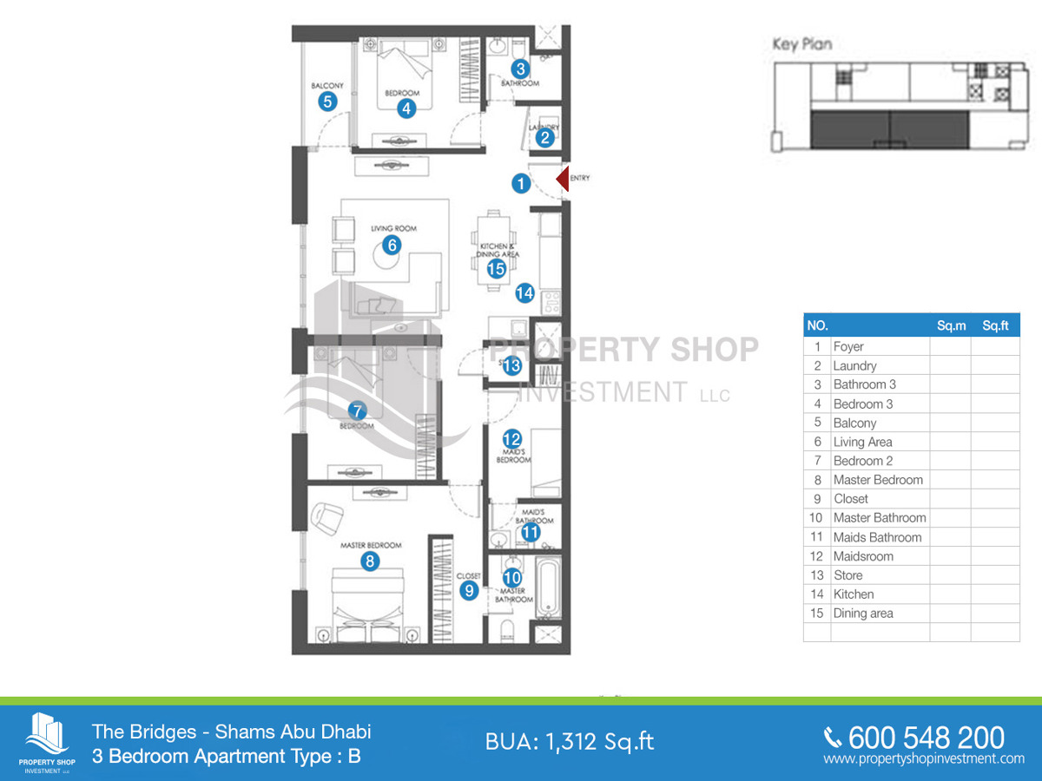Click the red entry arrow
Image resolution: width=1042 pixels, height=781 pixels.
point(561,180)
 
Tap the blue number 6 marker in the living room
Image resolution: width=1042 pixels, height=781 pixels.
point(392,245)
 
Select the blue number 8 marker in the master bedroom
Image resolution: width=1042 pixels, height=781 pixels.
point(370,561)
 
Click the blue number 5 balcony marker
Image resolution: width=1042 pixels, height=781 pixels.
point(327,101)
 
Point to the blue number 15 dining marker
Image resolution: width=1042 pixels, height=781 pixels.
point(496,269)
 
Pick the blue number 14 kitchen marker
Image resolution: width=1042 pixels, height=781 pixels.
point(524,293)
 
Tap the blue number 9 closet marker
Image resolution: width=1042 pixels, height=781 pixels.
point(469,590)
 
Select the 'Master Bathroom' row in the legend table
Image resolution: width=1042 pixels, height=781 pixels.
point(879,518)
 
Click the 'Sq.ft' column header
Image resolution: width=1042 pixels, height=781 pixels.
point(995,326)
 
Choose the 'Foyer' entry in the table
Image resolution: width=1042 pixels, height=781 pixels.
point(848,346)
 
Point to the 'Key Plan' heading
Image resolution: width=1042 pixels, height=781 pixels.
point(802,45)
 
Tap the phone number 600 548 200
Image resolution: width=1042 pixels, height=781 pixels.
point(926,738)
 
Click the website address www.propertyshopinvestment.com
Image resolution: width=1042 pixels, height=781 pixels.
point(924,759)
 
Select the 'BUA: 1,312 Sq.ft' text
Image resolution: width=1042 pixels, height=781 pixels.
point(570,742)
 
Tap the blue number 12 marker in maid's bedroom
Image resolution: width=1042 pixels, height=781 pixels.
point(511,439)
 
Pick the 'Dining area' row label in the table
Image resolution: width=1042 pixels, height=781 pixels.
point(862,614)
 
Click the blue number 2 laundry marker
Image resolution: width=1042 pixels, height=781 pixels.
point(545,136)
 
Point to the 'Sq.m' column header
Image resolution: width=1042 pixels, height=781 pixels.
point(951,326)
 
